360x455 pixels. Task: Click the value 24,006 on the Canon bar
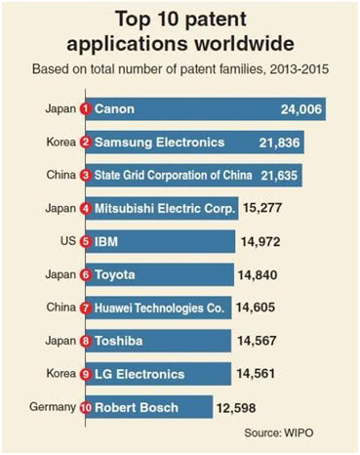(x=301, y=109)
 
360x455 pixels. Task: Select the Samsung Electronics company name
(x=159, y=143)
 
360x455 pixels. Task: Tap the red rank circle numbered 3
(x=86, y=176)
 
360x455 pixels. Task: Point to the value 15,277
(x=262, y=208)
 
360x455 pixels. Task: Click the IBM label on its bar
(x=106, y=242)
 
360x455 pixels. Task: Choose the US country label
(x=68, y=241)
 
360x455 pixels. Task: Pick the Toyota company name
(x=114, y=275)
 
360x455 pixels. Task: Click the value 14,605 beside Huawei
(x=256, y=308)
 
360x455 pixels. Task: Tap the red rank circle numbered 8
(x=86, y=341)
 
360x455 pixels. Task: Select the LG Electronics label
(x=140, y=374)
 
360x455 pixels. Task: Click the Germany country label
(x=53, y=407)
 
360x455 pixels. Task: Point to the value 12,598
(x=236, y=408)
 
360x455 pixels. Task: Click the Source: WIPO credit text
(x=279, y=433)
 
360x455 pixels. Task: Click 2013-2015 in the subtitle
(x=299, y=69)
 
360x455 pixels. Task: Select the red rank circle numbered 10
(x=86, y=407)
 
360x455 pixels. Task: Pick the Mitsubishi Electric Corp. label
(x=165, y=208)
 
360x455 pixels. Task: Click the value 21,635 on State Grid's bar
(x=279, y=176)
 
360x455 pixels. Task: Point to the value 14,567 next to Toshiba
(x=257, y=341)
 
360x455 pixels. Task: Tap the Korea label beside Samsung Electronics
(x=61, y=142)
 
